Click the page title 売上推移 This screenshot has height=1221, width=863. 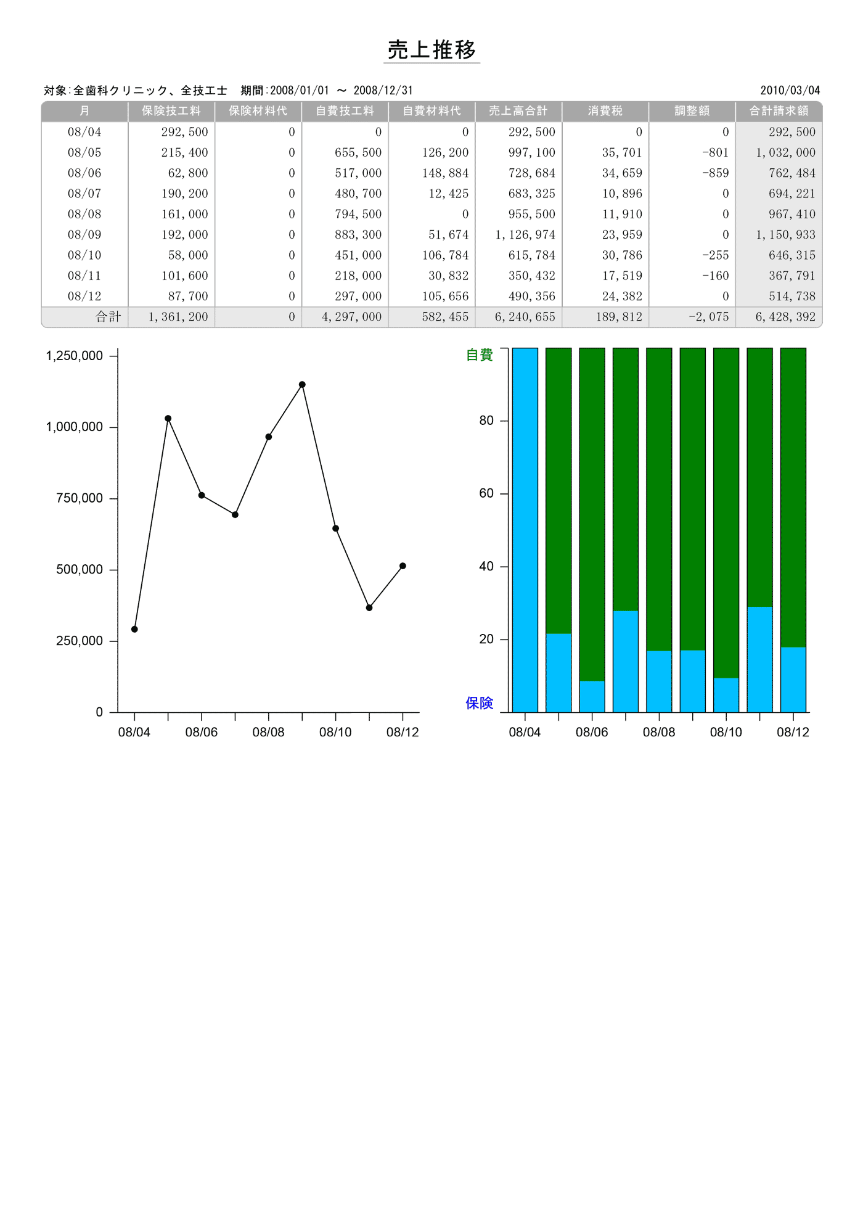pyautogui.click(x=431, y=50)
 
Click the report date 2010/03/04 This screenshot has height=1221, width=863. pyautogui.click(x=790, y=91)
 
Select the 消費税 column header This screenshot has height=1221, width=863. pyautogui.click(x=605, y=111)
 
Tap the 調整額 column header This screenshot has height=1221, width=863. pyautogui.click(x=692, y=111)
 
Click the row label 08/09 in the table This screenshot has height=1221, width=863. pyautogui.click(x=84, y=235)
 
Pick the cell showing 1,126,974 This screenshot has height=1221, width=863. pyautogui.click(x=525, y=235)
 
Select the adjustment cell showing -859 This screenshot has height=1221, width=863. pyautogui.click(x=715, y=173)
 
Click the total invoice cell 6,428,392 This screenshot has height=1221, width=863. pyautogui.click(x=785, y=317)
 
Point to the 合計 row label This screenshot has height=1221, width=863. pyautogui.click(x=108, y=317)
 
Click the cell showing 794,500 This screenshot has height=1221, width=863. pyautogui.click(x=358, y=214)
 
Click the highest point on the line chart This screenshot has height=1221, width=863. pyautogui.click(x=302, y=385)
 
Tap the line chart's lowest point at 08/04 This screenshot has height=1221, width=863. pyautogui.click(x=134, y=629)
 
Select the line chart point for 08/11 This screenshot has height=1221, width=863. pyautogui.click(x=369, y=608)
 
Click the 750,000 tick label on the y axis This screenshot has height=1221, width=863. pyautogui.click(x=80, y=498)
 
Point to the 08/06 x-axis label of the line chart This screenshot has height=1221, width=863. pyautogui.click(x=201, y=732)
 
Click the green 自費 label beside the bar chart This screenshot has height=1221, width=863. pyautogui.click(x=479, y=355)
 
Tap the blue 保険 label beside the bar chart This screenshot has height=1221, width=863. pyautogui.click(x=479, y=703)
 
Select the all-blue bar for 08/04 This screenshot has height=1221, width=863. pyautogui.click(x=525, y=530)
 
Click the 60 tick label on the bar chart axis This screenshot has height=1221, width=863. pyautogui.click(x=486, y=493)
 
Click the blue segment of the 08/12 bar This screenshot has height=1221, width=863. pyautogui.click(x=793, y=680)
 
